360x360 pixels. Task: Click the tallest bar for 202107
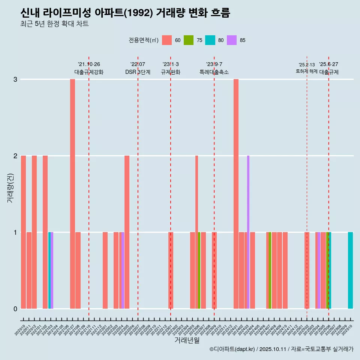pyautogui.click(x=72, y=194)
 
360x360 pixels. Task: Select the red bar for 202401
pyautogui.click(x=236, y=194)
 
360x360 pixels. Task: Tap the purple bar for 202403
pyautogui.click(x=248, y=232)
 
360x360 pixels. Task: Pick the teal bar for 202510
pyautogui.click(x=350, y=270)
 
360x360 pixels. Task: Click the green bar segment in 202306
pyautogui.click(x=199, y=270)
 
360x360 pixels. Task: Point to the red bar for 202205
pyautogui.click(x=127, y=232)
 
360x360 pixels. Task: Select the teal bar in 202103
pyautogui.click(x=49, y=270)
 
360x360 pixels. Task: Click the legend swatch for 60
pyautogui.click(x=167, y=40)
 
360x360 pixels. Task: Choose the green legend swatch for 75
pyautogui.click(x=189, y=40)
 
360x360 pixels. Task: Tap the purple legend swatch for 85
pyautogui.click(x=232, y=40)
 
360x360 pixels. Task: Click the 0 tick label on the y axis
pyautogui.click(x=15, y=309)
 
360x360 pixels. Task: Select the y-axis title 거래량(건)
pyautogui.click(x=10, y=187)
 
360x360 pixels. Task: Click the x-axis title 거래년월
pyautogui.click(x=187, y=340)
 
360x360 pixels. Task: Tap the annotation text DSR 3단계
pyautogui.click(x=138, y=72)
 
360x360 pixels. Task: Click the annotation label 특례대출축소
pyautogui.click(x=214, y=72)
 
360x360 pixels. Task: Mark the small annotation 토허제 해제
pyautogui.click(x=307, y=71)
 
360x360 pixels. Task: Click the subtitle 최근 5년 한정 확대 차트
pyautogui.click(x=54, y=24)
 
